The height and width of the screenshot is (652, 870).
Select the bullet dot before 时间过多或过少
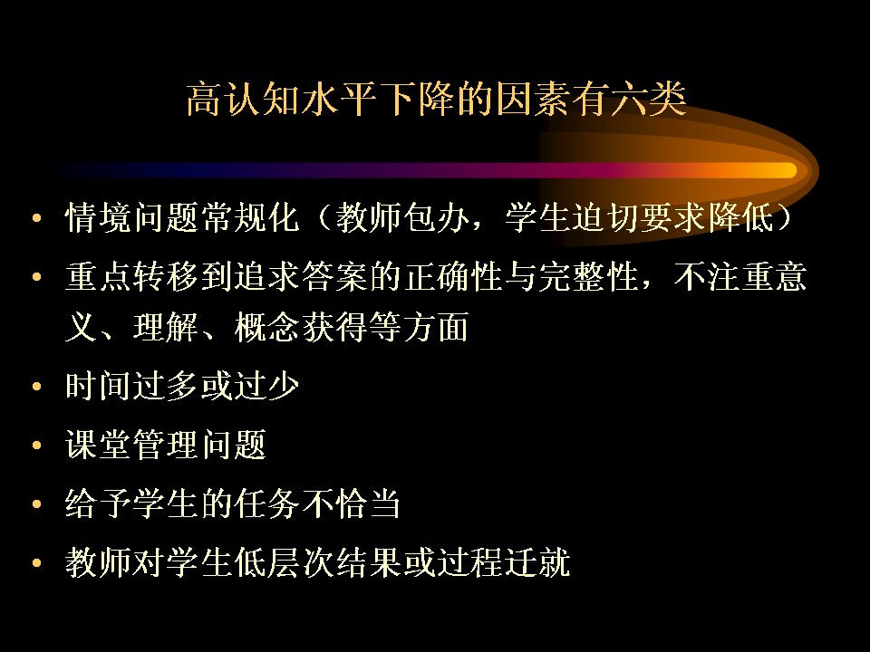37,387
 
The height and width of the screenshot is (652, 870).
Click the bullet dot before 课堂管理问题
37,446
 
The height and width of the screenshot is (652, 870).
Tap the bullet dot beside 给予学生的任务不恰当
37,504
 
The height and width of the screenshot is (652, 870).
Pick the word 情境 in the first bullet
99,216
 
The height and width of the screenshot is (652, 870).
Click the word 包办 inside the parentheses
437,216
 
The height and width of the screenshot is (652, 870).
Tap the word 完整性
589,276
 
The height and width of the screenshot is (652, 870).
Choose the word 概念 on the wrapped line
268,327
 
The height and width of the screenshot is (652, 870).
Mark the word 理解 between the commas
167,327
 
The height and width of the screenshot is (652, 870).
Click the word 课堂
99,445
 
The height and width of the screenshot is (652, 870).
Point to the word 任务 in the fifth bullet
268,503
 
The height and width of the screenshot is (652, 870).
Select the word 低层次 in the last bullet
285,562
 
